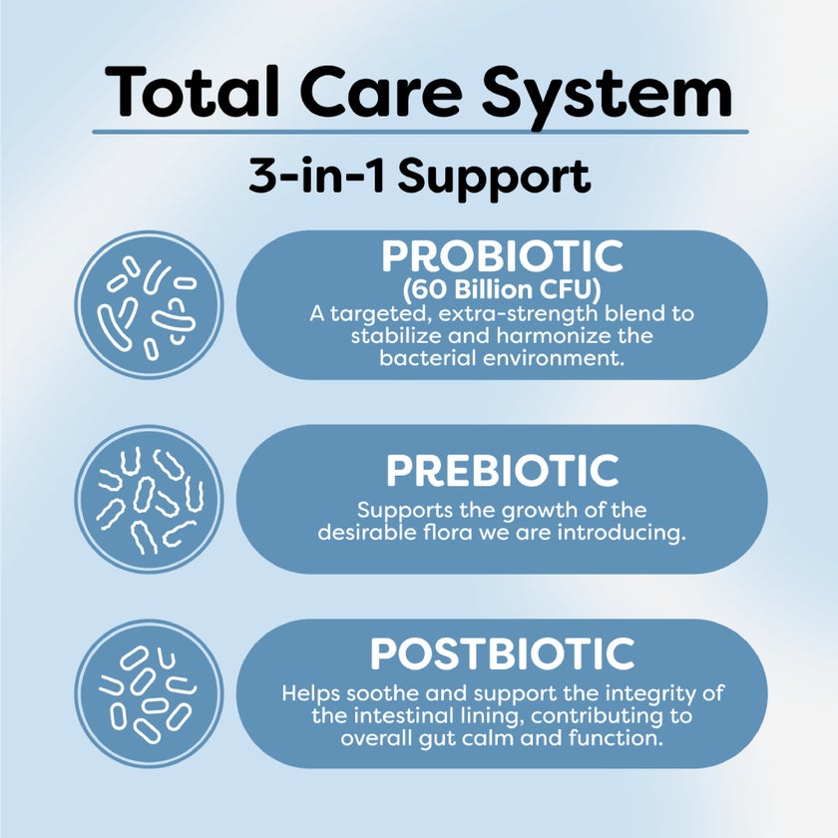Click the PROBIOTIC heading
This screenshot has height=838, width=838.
502,256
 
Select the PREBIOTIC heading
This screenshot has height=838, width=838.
502,470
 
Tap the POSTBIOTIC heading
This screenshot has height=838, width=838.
502,654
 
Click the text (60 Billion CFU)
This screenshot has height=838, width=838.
502,290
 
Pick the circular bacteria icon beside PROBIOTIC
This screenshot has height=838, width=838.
150,305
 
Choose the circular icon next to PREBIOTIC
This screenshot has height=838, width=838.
150,499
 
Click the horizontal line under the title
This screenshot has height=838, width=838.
419,131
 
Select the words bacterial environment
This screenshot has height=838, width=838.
502,357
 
